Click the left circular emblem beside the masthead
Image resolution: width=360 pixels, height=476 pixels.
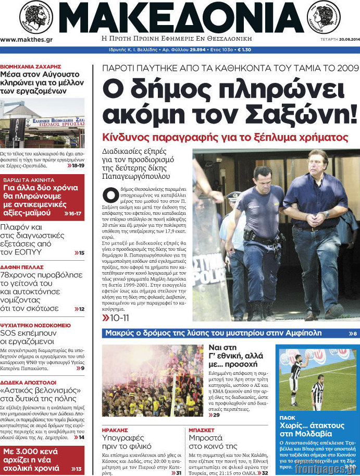coord(36,16)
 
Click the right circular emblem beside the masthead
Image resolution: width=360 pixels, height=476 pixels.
coord(324,16)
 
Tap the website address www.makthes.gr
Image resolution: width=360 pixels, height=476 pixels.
coord(26,40)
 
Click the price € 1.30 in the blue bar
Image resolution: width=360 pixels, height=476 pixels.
coord(244,50)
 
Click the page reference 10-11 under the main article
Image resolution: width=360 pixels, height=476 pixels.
coord(119,317)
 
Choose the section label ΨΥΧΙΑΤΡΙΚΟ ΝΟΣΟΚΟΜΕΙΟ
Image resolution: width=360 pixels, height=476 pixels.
coord(35,325)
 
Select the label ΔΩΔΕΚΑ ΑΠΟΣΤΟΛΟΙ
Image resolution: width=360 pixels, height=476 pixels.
coord(28,381)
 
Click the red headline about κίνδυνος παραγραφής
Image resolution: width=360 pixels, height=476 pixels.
coord(225,138)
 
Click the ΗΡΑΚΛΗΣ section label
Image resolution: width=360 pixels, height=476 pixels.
coord(115,431)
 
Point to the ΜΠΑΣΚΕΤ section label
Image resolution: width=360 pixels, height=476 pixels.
coord(201,431)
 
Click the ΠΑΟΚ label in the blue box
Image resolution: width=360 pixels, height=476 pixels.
coord(287,418)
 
